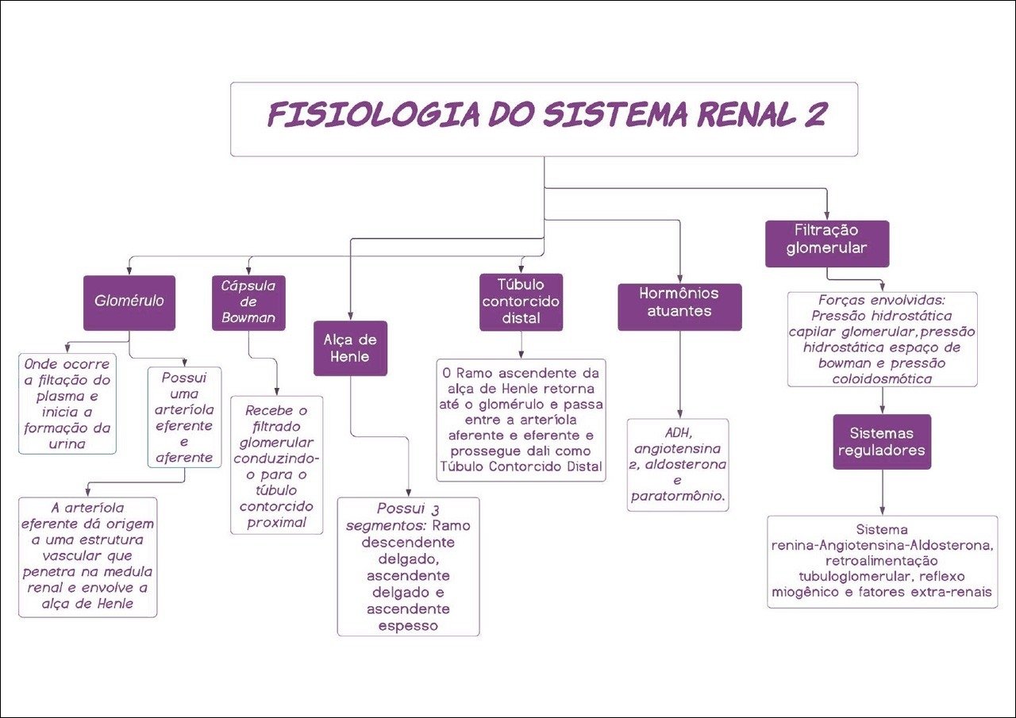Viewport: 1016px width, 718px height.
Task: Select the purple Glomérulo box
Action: (x=129, y=302)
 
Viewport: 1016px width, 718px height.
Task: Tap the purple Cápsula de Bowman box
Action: (x=248, y=302)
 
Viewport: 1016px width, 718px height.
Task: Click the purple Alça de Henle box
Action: (x=350, y=347)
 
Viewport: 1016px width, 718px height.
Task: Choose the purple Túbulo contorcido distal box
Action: (x=521, y=302)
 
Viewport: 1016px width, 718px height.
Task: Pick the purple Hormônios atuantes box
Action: (x=679, y=306)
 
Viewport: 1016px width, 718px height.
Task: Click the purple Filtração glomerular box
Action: (x=827, y=244)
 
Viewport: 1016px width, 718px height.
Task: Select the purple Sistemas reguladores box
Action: (x=882, y=442)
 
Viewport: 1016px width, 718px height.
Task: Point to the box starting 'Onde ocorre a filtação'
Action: (x=68, y=404)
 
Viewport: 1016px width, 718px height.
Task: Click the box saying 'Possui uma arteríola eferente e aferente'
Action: (x=185, y=417)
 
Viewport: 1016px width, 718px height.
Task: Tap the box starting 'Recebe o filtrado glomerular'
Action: (x=277, y=465)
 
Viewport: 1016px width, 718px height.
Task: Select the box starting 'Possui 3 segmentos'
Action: (x=408, y=566)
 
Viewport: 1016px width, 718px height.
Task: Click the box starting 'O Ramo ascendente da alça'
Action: (x=521, y=420)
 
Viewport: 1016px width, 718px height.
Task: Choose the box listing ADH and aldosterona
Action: (x=678, y=465)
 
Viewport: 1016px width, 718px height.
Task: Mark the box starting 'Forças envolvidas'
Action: (x=882, y=340)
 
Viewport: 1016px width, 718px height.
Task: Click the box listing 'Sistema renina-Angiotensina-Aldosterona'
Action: (x=882, y=562)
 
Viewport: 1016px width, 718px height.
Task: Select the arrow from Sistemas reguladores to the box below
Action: (x=882, y=492)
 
